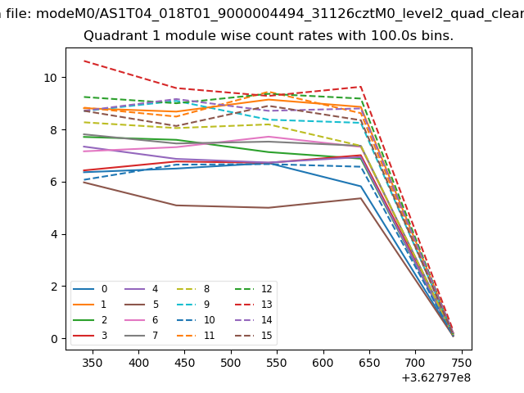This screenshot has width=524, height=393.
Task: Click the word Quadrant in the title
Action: pos(113,36)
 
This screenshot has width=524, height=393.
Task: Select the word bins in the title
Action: pos(435,36)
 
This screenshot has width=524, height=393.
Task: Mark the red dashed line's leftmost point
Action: pos(84,61)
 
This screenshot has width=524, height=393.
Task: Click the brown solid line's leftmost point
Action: pos(84,182)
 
